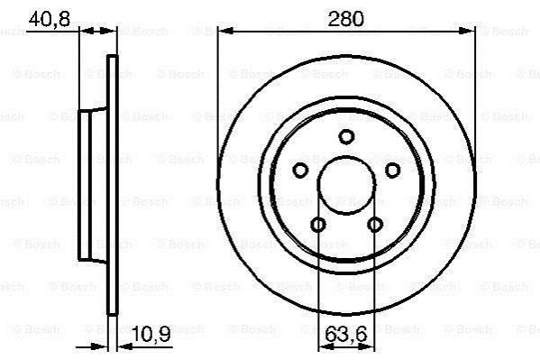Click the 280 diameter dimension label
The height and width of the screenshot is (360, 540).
click(x=345, y=19)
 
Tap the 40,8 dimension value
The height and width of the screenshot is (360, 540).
click(x=50, y=19)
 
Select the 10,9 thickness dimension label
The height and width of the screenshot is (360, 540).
click(x=151, y=334)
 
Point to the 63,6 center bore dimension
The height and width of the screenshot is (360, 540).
click(x=346, y=334)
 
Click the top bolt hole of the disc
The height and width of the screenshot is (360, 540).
click(x=346, y=136)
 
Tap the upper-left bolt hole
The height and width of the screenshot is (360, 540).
click(x=300, y=171)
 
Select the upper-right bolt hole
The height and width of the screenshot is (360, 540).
click(x=392, y=171)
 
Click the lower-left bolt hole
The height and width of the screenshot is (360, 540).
click(x=318, y=225)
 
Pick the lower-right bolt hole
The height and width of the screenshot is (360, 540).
click(x=375, y=225)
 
